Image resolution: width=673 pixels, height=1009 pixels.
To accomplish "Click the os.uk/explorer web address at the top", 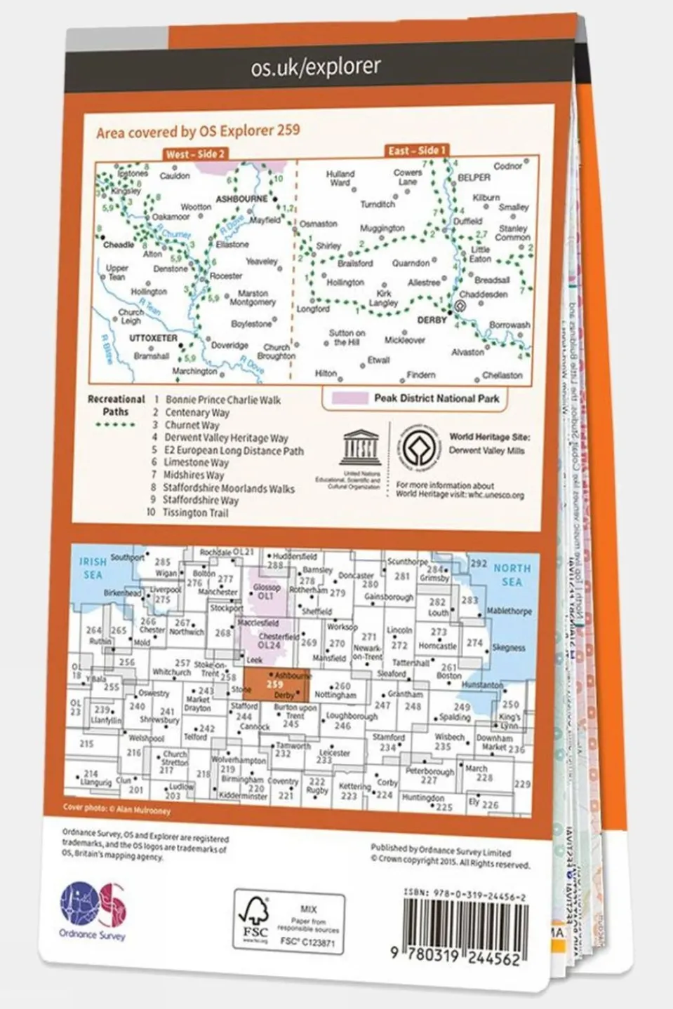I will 316,67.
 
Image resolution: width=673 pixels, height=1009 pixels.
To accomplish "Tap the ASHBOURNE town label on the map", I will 241,199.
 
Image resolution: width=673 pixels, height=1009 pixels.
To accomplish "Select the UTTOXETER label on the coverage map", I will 153,337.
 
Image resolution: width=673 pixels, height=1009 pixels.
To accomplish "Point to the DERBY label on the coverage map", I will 432,320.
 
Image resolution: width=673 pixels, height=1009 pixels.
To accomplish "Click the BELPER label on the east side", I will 474,178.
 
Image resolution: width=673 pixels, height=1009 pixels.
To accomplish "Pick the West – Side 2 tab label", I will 195,154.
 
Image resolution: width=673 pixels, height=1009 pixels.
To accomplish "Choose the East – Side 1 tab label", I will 417,150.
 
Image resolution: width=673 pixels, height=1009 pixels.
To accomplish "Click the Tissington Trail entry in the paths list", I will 195,513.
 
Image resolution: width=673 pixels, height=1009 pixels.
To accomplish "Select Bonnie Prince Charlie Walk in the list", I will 222,400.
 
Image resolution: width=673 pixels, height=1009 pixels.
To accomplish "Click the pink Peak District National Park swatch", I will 350,398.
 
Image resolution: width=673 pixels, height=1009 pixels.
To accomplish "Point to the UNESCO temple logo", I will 359,447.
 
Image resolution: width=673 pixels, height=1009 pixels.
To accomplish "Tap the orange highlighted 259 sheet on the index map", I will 276,685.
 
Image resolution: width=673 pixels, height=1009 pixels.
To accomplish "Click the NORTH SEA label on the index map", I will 512,575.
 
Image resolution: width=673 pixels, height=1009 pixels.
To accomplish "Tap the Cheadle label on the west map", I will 118,245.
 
